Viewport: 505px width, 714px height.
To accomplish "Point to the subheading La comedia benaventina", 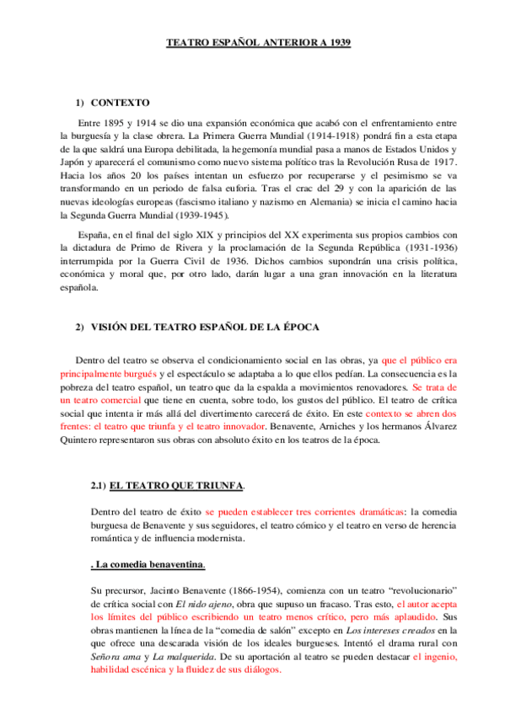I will click(148, 563).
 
